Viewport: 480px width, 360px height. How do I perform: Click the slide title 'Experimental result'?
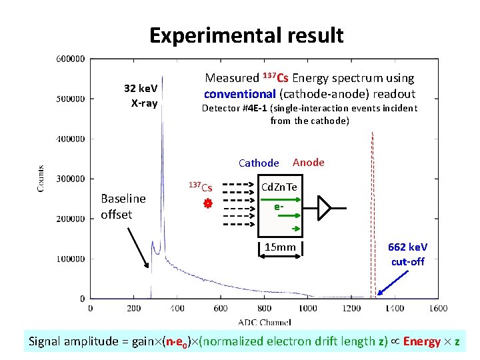tap(246, 35)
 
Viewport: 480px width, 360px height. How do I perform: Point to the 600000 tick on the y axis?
tap(70, 59)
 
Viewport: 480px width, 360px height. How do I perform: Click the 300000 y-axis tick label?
tap(70, 179)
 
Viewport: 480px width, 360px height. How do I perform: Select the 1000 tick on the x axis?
tap(308, 308)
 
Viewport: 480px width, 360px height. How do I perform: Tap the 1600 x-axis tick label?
tap(437, 308)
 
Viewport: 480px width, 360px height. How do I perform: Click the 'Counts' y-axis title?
tap(41, 179)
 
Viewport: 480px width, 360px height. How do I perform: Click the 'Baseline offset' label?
tap(123, 206)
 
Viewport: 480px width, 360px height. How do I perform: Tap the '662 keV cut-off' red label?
tap(408, 254)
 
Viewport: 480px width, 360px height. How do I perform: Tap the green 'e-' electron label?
tap(280, 207)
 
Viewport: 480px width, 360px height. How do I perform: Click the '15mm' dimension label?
tap(280, 248)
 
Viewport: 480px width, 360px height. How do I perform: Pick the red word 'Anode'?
tap(309, 162)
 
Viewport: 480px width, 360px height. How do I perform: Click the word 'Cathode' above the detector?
tap(259, 163)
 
